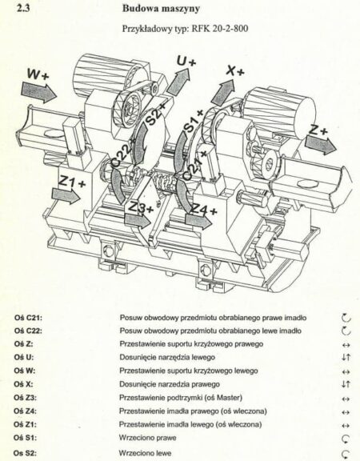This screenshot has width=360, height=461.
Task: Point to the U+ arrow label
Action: pos(186,62)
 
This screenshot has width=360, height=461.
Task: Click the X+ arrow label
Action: pos(236,70)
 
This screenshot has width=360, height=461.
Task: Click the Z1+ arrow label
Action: pos(72,183)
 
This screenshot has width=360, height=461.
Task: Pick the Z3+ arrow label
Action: pos(141,209)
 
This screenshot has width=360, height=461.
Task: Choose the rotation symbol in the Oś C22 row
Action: pos(346,331)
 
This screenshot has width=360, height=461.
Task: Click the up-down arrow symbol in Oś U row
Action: pos(346,357)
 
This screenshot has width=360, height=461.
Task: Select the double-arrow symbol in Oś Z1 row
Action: pos(346,424)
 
